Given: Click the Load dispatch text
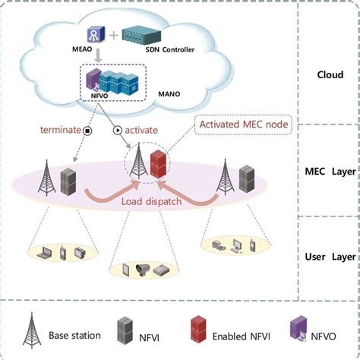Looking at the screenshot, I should [x=152, y=202].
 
